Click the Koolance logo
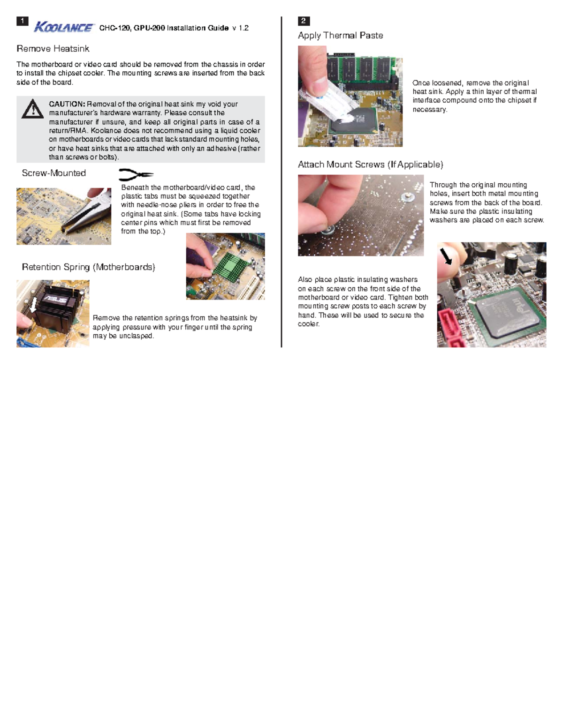(64, 27)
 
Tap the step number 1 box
(22, 21)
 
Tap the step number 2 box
(304, 21)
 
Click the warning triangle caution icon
(32, 109)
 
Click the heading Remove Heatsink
(53, 49)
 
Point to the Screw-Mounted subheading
(53, 173)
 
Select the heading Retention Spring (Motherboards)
(88, 267)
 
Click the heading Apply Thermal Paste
(340, 36)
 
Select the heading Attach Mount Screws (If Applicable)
(370, 165)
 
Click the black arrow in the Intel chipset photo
(445, 256)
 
